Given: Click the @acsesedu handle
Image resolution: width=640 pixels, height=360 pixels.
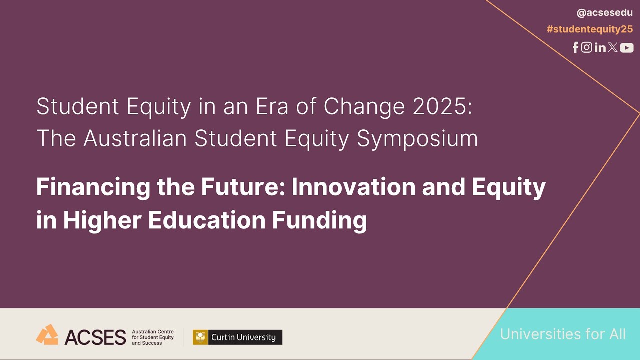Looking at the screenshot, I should [x=604, y=13].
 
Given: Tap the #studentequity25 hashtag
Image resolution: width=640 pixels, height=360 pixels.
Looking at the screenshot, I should [x=589, y=29].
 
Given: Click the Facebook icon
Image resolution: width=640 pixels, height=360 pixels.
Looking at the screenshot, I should [x=576, y=47].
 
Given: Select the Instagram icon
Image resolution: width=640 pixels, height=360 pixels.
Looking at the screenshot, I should [x=587, y=47].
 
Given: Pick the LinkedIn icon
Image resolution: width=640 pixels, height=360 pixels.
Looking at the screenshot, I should [x=600, y=48].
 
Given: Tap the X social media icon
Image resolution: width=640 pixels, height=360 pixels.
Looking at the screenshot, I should [x=613, y=47].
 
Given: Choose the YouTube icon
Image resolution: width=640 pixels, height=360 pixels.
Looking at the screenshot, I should [x=627, y=48].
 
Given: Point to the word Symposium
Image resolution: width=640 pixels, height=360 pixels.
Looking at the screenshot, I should [x=417, y=139].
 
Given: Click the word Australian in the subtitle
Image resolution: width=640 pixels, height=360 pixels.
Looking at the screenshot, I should [x=136, y=138].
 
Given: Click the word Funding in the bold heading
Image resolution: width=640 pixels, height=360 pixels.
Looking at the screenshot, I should [x=319, y=220].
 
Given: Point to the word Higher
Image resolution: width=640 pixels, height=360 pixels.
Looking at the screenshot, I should [x=103, y=221].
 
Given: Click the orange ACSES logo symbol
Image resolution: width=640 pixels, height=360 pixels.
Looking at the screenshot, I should [x=47, y=335].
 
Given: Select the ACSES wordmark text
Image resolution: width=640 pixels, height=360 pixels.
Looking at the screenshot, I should [x=95, y=337].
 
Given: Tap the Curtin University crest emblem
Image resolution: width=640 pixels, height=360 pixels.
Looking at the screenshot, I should [x=200, y=337].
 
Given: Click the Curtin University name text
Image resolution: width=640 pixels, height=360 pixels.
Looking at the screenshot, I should [x=243, y=337].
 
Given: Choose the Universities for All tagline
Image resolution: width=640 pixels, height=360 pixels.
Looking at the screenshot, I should [x=563, y=334].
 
